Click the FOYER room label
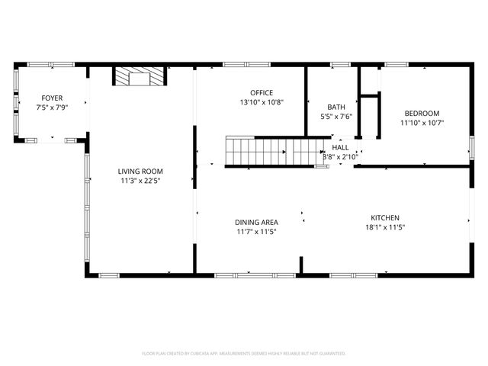[x=52, y=98]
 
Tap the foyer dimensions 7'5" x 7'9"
[x=52, y=108]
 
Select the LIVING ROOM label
[x=140, y=172]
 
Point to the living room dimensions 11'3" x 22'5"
[x=140, y=181]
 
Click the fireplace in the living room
[x=140, y=76]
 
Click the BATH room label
[x=336, y=107]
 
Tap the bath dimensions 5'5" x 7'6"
[x=336, y=117]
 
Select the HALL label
[x=340, y=147]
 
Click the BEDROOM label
[x=422, y=113]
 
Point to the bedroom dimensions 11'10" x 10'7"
[x=422, y=122]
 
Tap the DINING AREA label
[x=255, y=222]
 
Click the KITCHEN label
[x=385, y=217]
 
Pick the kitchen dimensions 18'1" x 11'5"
[x=385, y=226]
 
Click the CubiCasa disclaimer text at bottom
[x=244, y=354]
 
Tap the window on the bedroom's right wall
[x=470, y=149]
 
